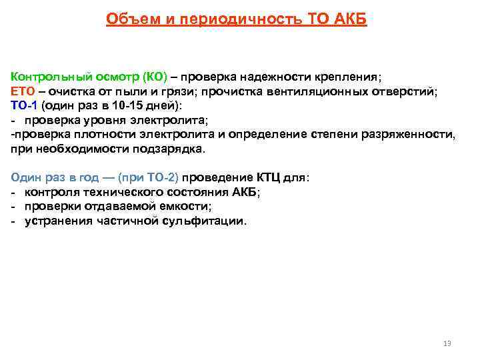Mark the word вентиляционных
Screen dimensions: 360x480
click(x=323, y=91)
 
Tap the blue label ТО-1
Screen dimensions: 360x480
click(x=25, y=105)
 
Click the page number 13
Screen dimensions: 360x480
click(x=447, y=343)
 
